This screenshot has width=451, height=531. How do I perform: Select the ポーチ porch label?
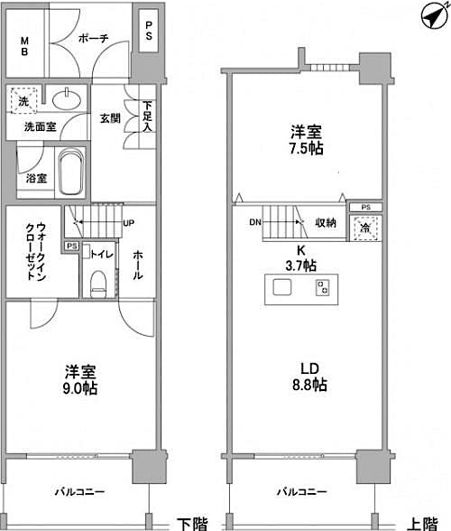click(x=93, y=39)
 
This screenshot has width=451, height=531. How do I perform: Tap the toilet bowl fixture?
click(x=99, y=282)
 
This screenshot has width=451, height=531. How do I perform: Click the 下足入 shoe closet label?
click(x=146, y=116)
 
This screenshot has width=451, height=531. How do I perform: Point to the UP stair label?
click(x=128, y=223)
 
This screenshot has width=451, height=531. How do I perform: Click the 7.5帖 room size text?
click(x=307, y=149)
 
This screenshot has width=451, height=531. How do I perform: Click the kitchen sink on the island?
click(x=281, y=288)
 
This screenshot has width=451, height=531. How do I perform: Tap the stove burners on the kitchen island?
click(x=322, y=288)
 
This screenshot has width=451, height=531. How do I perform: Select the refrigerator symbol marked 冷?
click(x=366, y=228)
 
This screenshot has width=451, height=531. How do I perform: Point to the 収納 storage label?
click(x=327, y=223)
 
